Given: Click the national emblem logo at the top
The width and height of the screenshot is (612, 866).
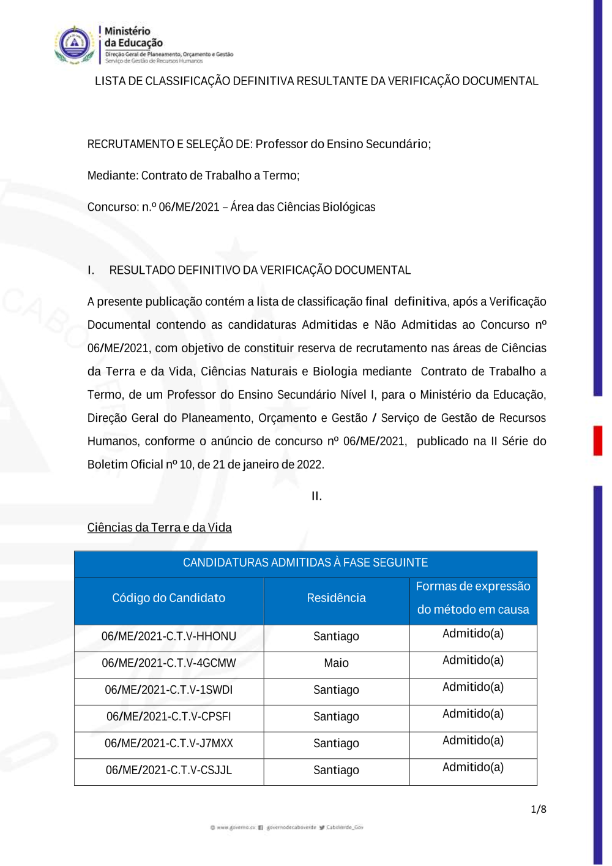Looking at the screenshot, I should point(74,44).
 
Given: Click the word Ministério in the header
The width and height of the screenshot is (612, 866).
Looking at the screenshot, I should point(127,31).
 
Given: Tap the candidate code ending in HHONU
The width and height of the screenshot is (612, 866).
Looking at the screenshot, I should point(168,636).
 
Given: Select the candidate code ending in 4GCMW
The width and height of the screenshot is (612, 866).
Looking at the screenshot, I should point(168,663).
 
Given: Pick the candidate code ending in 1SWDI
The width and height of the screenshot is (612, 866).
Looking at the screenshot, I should point(168,690).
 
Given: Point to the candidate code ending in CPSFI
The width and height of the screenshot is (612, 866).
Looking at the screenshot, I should point(168,717).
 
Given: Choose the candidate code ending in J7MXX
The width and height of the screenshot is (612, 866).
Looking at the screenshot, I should point(168,744).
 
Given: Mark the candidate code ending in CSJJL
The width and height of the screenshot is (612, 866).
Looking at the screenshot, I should point(168,770).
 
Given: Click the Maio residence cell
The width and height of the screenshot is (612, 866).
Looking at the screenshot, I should point(336,663).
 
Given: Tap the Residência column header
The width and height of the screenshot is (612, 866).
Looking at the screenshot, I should point(336,598).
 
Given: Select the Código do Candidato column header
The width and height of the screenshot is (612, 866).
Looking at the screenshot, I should point(168,598).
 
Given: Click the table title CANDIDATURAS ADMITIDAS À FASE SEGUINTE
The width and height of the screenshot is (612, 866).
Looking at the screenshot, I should point(305,563).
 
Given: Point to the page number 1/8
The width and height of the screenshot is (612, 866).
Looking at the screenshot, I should point(539,810).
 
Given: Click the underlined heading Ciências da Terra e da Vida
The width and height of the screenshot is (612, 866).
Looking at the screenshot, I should point(159,528).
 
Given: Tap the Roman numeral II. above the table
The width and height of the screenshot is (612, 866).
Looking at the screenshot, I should point(316,496).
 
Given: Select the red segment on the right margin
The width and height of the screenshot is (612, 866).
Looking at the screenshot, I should point(598,441).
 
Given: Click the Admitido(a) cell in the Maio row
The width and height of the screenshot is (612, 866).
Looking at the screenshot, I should point(473,661).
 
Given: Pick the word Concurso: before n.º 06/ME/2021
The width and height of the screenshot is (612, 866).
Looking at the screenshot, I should point(113,207).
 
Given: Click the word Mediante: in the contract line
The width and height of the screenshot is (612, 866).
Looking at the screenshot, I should point(113,176).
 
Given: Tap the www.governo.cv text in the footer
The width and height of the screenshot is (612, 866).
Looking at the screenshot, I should point(235,827).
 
